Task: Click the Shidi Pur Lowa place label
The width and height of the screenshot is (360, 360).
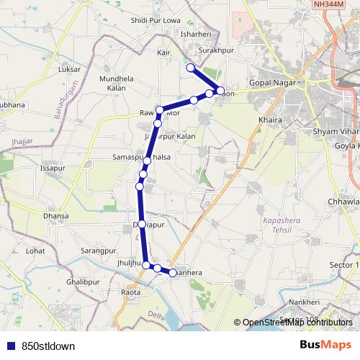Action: [x=156, y=20]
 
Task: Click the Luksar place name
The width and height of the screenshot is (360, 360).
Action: [x=70, y=69]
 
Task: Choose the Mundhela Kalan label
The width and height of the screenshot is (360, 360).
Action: [x=117, y=83]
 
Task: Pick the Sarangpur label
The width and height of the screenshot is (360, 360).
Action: [x=99, y=251]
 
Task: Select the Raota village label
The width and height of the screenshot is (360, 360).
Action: [x=131, y=292]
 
